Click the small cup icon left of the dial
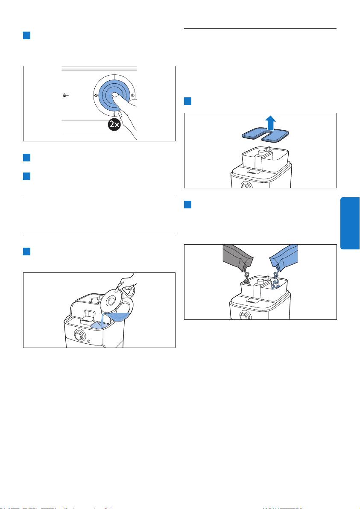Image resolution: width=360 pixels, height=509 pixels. point(65,95)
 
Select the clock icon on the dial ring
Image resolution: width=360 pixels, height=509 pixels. point(133,95)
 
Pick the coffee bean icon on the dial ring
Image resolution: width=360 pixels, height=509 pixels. point(95,96)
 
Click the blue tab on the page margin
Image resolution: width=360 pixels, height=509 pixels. point(350,223)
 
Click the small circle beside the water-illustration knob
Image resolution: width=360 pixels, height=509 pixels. point(89,341)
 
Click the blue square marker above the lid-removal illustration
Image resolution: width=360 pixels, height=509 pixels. point(187,101)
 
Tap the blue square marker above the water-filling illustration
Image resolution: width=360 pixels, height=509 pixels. point(26,251)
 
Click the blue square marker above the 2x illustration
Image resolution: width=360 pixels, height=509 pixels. point(26,35)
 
